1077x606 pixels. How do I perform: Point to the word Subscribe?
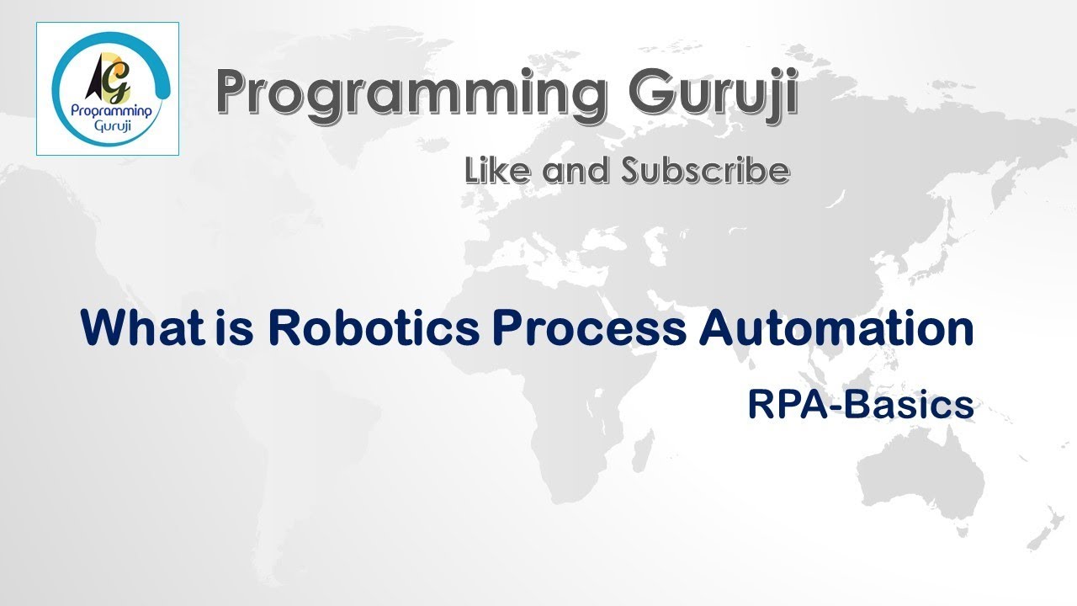(705, 171)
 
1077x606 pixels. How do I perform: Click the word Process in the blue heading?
(589, 328)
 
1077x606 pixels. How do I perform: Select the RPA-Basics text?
(860, 406)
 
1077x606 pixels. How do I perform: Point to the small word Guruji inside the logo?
(108, 127)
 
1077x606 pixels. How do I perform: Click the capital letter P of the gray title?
(236, 94)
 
